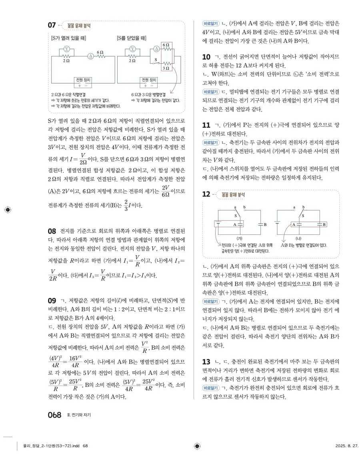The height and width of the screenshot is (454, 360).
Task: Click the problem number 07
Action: click(52, 25)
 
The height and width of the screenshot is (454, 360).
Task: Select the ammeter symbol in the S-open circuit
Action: click(90, 56)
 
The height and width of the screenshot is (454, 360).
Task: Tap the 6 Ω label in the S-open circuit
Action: click(100, 52)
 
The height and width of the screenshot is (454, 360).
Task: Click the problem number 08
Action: click(52, 231)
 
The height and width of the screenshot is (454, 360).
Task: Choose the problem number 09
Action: click(52, 300)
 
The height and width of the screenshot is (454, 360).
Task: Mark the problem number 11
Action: click(207, 126)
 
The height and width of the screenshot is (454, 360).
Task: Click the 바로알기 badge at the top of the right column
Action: click(211, 24)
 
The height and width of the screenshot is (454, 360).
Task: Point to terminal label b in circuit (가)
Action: click(244, 208)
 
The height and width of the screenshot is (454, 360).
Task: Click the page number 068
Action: click(54, 414)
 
